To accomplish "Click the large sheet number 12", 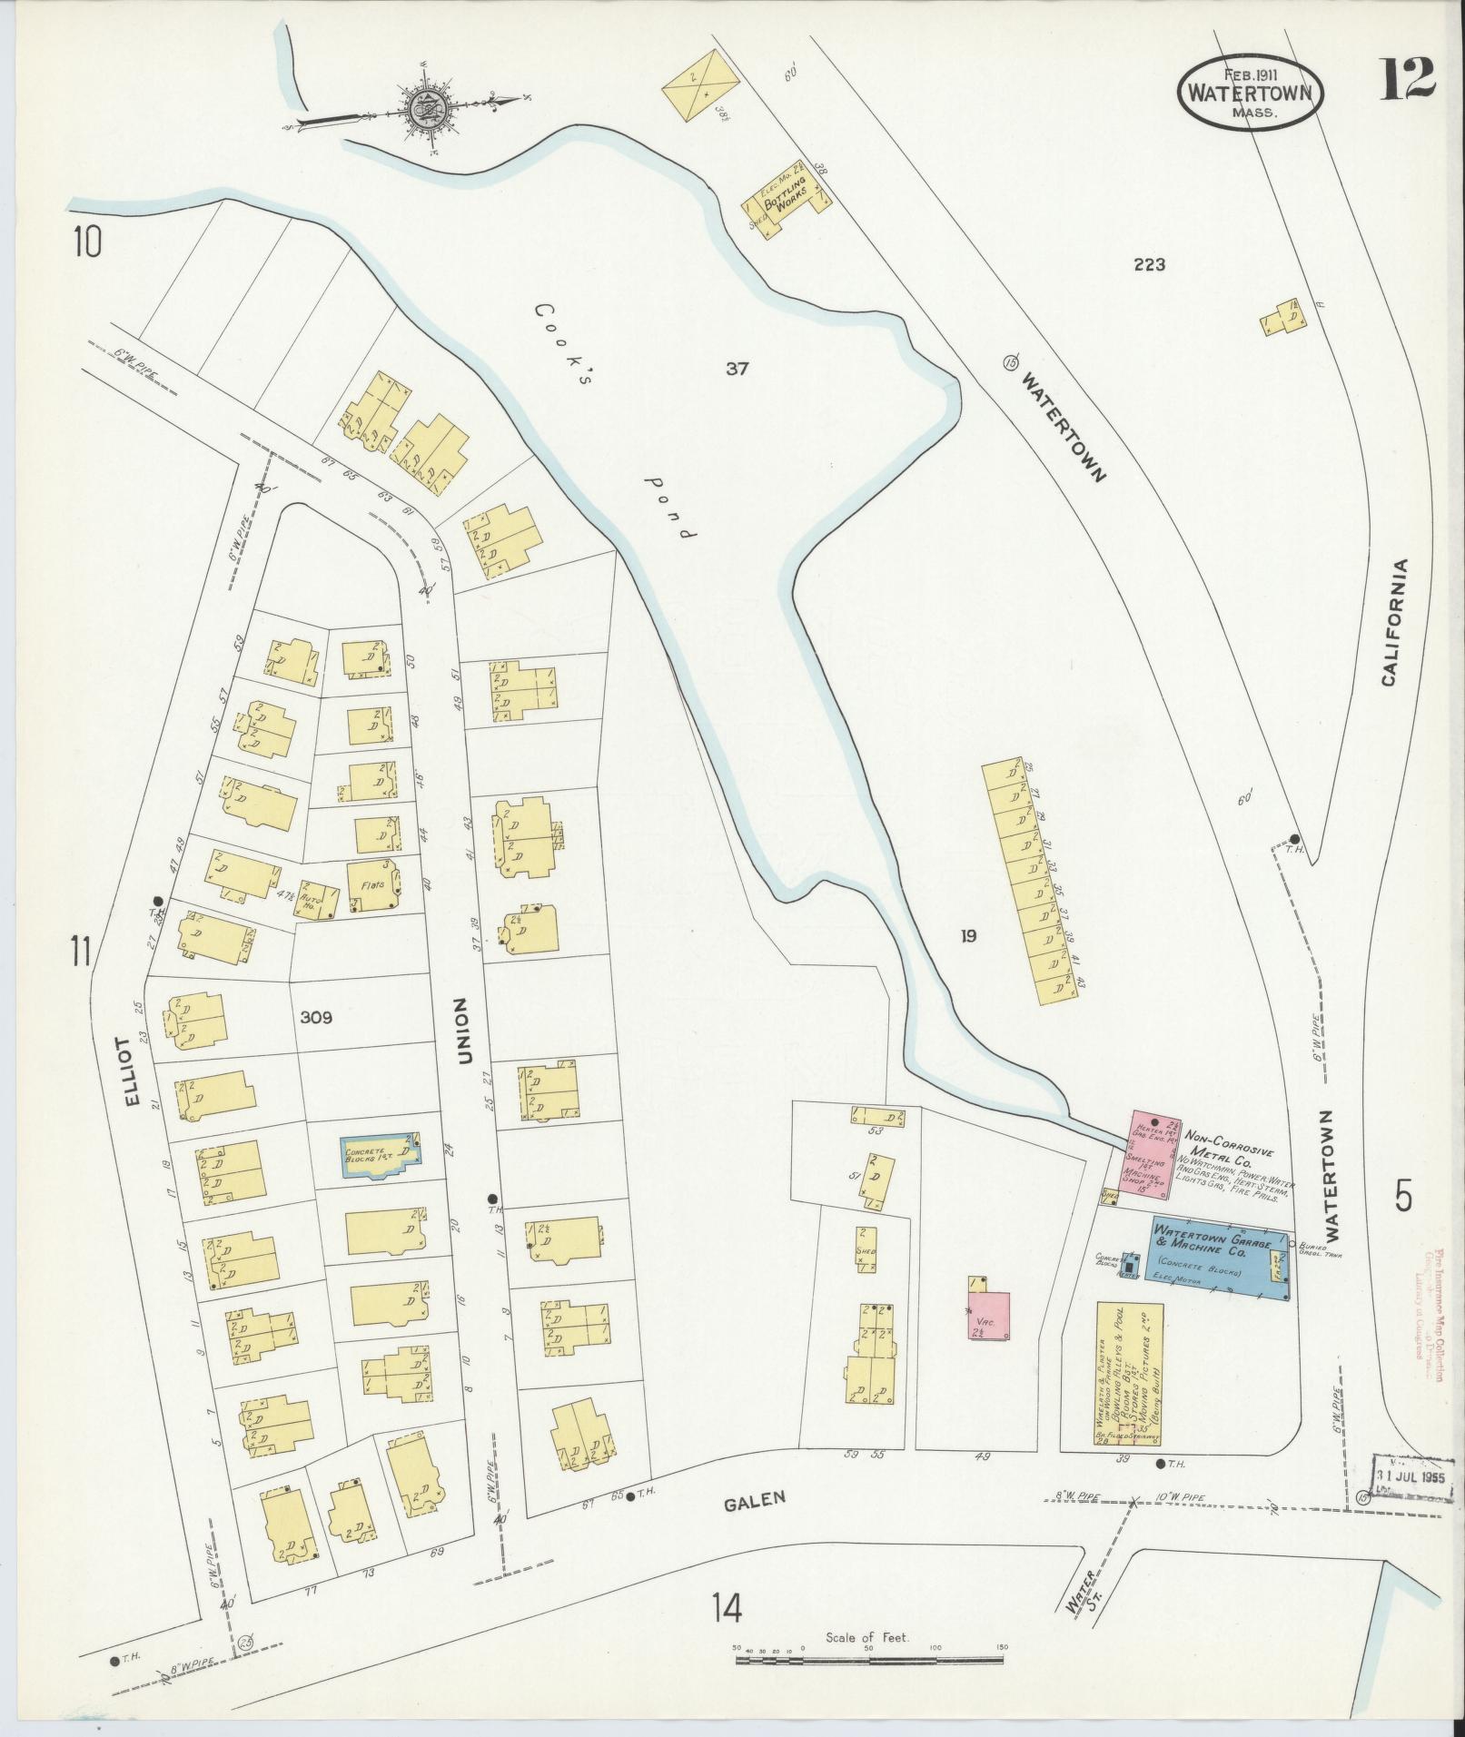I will tap(1408, 78).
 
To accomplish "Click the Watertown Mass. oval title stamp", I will tap(1250, 91).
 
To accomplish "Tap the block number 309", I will tap(316, 1018).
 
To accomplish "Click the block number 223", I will tap(1148, 265).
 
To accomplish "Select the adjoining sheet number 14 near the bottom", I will tap(728, 1609).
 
